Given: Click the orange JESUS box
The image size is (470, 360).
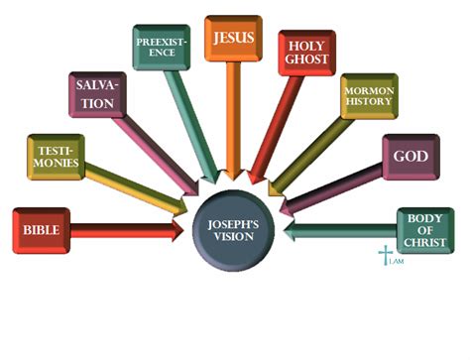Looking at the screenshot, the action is (233, 39).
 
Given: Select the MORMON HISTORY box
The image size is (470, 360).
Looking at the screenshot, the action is (368, 96).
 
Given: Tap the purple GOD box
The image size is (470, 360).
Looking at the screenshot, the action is (410, 156).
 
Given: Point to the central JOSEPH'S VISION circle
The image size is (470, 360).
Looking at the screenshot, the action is (234, 230).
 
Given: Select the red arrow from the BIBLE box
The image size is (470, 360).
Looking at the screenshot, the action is (129, 231).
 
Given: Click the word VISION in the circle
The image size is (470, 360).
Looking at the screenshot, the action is (234, 237).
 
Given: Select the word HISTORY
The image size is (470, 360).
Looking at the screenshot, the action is (368, 103).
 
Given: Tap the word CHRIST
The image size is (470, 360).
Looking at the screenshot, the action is (425, 243).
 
